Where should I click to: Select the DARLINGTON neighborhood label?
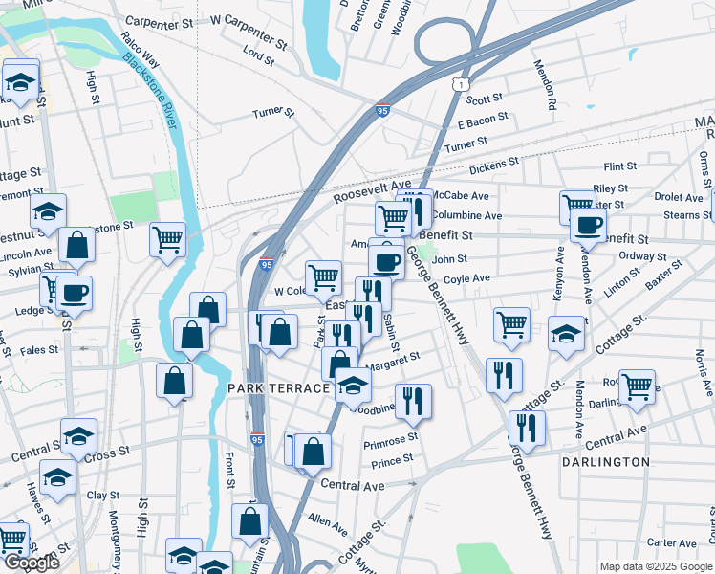[x=606, y=461]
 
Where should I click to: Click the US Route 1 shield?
[x=461, y=85]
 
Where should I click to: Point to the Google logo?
[x=31, y=563]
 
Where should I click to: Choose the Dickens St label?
[x=493, y=165]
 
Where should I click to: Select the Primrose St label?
[x=392, y=441]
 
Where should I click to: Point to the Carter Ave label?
[x=671, y=542]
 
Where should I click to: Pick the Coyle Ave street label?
[x=466, y=278]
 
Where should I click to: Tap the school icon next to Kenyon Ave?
[x=566, y=335]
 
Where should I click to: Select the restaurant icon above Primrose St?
[x=413, y=401]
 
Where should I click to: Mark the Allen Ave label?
[x=327, y=523]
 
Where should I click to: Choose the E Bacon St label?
[x=483, y=122]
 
